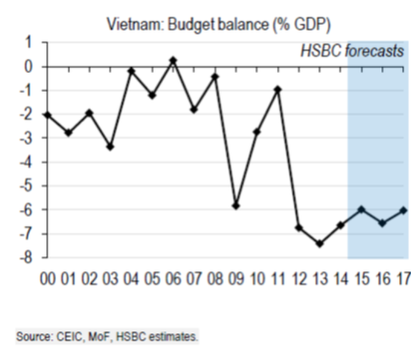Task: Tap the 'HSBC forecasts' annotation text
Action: click(352, 50)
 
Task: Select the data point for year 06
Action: click(173, 61)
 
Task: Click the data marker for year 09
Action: click(236, 206)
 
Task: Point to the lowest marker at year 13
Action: click(320, 244)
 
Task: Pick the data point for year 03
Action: click(110, 147)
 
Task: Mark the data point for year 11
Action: click(277, 90)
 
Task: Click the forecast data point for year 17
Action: click(403, 210)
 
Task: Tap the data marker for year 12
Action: click(299, 228)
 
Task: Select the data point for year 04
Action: click(131, 71)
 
